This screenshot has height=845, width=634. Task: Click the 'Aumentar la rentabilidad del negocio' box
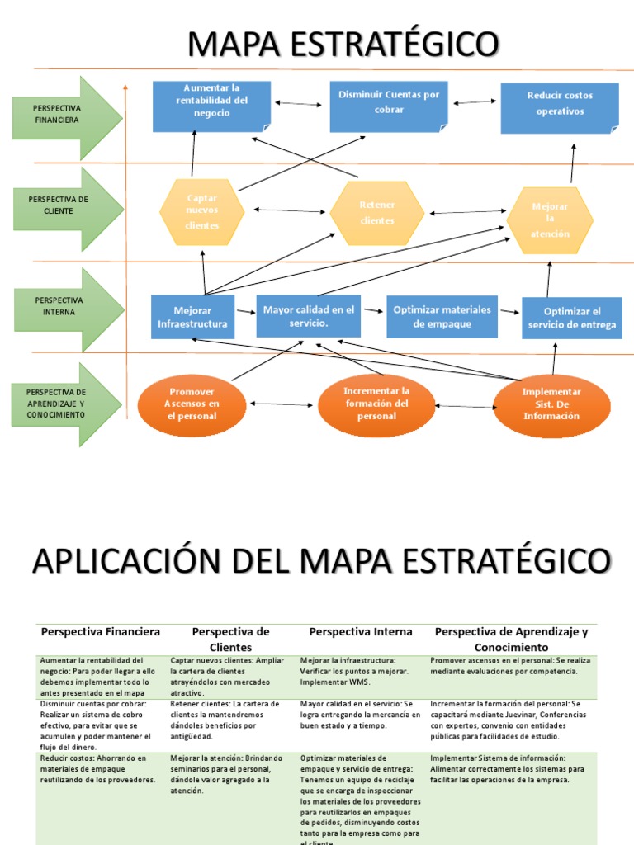coord(211,106)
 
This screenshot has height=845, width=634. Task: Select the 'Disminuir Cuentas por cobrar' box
coord(388,106)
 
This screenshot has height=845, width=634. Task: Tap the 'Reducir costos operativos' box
coord(560,107)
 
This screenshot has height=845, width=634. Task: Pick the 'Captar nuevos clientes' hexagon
coord(202,212)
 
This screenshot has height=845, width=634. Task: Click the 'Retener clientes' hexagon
coord(377,213)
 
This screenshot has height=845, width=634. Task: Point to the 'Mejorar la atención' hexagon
coord(550,220)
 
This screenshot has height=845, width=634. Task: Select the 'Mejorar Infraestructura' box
coord(192,317)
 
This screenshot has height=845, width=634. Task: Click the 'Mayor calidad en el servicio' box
coord(308,316)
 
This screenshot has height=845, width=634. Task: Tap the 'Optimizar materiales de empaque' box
coord(442,316)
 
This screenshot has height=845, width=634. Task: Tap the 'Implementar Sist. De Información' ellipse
coord(551,404)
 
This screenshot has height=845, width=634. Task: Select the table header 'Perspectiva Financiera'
coord(100,632)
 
